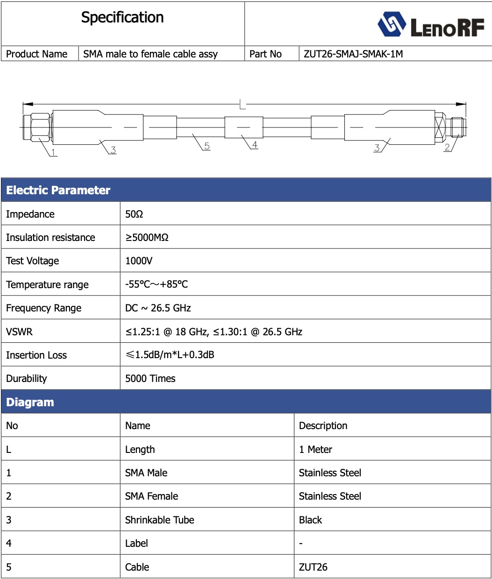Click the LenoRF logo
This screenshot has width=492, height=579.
tap(431, 25)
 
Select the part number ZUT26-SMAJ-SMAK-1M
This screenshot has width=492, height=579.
tap(353, 54)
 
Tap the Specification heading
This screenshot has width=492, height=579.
tap(122, 18)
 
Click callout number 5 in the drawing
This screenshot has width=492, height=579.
tap(207, 146)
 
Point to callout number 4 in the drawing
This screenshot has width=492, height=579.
tap(255, 145)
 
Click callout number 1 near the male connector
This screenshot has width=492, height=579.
tap(53, 152)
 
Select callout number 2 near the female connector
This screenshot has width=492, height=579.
tap(447, 148)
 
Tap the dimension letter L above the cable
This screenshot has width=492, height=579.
tap(242, 104)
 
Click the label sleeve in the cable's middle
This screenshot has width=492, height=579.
tap(243, 127)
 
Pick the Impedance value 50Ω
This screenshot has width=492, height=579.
tap(134, 214)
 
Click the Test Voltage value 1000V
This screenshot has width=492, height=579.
tap(139, 261)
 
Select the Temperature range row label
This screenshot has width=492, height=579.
tap(47, 285)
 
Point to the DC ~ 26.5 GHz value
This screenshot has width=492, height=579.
tap(158, 308)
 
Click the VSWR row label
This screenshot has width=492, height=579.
tap(19, 332)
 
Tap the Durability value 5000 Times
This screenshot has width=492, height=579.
tap(150, 379)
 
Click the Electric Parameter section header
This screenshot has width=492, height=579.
tap(58, 190)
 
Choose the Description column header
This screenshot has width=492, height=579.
tap(323, 426)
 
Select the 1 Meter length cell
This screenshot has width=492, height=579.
tap(315, 450)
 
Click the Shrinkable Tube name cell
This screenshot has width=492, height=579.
tap(159, 520)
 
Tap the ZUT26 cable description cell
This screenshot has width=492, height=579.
tap(313, 567)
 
